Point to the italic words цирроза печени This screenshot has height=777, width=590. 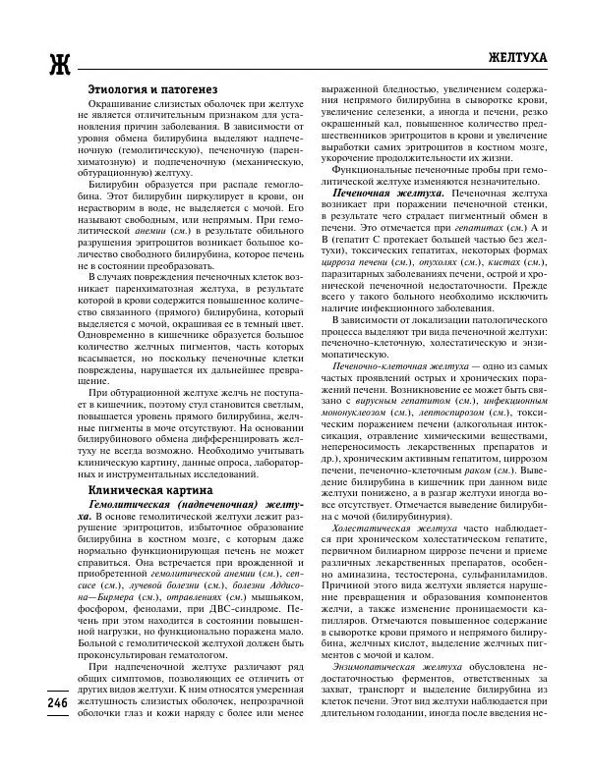352,263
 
